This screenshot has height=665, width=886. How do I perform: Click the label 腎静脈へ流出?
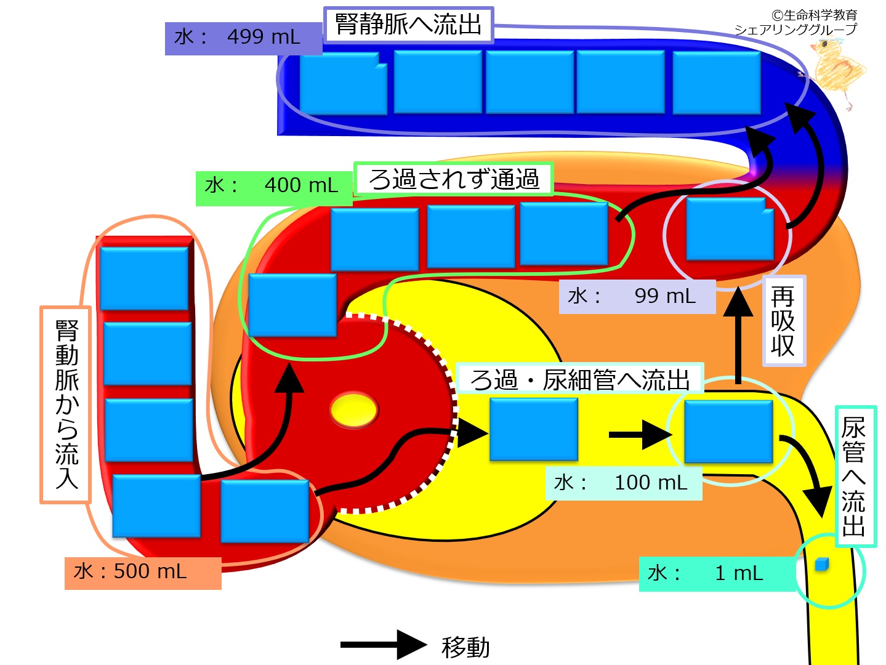[408, 25]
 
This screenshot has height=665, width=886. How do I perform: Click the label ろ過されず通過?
[453, 179]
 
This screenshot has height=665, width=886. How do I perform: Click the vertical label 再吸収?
[783, 321]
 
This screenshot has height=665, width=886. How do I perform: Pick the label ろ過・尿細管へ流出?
[579, 380]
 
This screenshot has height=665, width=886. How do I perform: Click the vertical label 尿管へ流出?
[854, 476]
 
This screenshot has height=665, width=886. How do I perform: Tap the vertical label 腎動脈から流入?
[66, 405]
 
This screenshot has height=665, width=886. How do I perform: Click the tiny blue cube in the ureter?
[821, 565]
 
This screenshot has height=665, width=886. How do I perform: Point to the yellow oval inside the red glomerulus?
[353, 410]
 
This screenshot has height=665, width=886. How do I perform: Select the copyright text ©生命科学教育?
[814, 15]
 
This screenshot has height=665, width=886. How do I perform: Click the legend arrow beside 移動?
[383, 645]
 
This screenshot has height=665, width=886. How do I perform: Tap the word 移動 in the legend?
[465, 647]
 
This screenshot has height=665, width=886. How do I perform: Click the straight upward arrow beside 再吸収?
[738, 336]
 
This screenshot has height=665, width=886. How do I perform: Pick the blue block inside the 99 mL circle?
[730, 230]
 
